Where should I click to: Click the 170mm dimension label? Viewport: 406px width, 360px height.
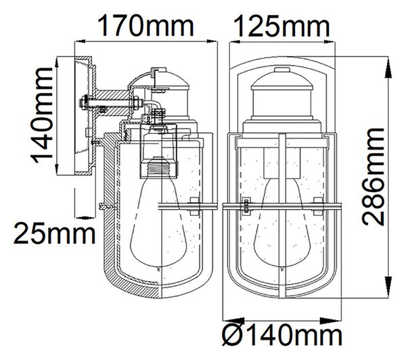pyautogui.click(x=145, y=26)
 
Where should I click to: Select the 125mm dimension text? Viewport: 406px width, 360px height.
pyautogui.click(x=281, y=26)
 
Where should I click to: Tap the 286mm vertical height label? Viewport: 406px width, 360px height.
pyautogui.click(x=373, y=177)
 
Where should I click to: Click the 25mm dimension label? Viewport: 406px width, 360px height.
pyautogui.click(x=54, y=234)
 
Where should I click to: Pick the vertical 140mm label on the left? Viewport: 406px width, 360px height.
pyautogui.click(x=41, y=116)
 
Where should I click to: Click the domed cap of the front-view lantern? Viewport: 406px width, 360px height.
pyautogui.click(x=282, y=82)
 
